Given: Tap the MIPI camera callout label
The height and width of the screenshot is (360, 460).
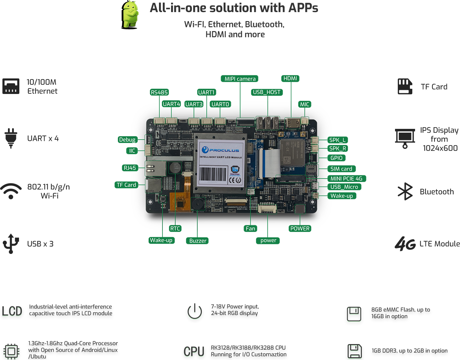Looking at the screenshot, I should pos(240,79).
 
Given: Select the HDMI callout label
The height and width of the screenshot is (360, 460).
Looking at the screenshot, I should pos(290,78).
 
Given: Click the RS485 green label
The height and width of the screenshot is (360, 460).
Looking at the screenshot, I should pos(159,92).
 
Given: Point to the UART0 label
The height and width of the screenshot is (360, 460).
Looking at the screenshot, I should pos(220,104).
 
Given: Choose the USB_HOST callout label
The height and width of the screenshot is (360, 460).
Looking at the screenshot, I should pos(266,92).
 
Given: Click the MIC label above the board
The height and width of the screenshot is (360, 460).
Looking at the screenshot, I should pos(304,104).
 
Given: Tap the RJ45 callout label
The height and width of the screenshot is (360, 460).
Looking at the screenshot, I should pos(130,168).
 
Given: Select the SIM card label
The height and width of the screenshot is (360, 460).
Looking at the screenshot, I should pos(341,169).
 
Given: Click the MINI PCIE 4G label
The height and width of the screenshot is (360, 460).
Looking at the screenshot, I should pos(346,179).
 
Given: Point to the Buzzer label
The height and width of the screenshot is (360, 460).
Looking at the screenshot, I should pos(198,240).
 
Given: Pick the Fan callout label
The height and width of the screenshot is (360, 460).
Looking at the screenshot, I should pos(250,228).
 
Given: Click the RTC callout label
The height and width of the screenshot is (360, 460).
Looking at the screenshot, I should pos(175,228).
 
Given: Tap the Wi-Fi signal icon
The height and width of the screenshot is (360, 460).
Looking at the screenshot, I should pos(11,191).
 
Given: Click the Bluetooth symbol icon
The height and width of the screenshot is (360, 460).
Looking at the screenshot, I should pos(405,191).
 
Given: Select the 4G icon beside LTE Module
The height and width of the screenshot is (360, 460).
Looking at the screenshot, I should pos(405,244).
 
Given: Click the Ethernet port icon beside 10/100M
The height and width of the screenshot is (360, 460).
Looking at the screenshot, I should pos(11,86).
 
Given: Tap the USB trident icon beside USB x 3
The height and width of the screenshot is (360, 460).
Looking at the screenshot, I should pos(11,244).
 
